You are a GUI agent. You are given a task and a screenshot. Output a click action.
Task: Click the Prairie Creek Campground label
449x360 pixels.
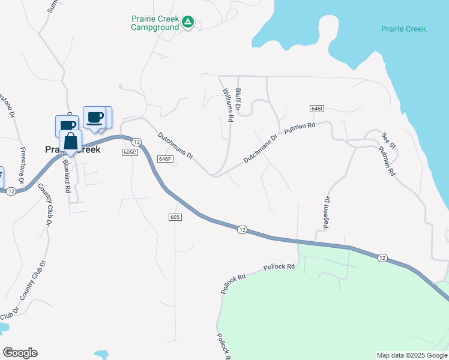(155, 23)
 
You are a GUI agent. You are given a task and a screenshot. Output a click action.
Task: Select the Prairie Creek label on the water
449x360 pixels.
(403, 29)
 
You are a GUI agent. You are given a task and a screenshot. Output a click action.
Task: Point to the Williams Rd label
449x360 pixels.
(227, 105)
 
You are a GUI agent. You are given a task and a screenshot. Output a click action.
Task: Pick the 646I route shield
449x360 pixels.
(318, 109)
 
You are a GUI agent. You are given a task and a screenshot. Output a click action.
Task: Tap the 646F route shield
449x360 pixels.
(165, 159)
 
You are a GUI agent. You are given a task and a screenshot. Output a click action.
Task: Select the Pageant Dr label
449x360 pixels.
(328, 208)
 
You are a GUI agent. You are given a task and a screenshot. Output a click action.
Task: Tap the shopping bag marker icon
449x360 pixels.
(70, 142)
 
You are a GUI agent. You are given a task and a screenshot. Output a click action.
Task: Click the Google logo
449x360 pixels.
(20, 353)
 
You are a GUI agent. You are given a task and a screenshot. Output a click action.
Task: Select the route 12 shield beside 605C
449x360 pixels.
(137, 142)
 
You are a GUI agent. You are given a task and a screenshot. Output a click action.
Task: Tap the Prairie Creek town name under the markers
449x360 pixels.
(73, 150)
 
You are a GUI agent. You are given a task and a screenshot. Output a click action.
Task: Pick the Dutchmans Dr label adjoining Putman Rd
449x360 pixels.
(261, 149)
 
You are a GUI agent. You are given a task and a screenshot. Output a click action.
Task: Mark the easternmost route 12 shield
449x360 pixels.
(383, 257)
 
